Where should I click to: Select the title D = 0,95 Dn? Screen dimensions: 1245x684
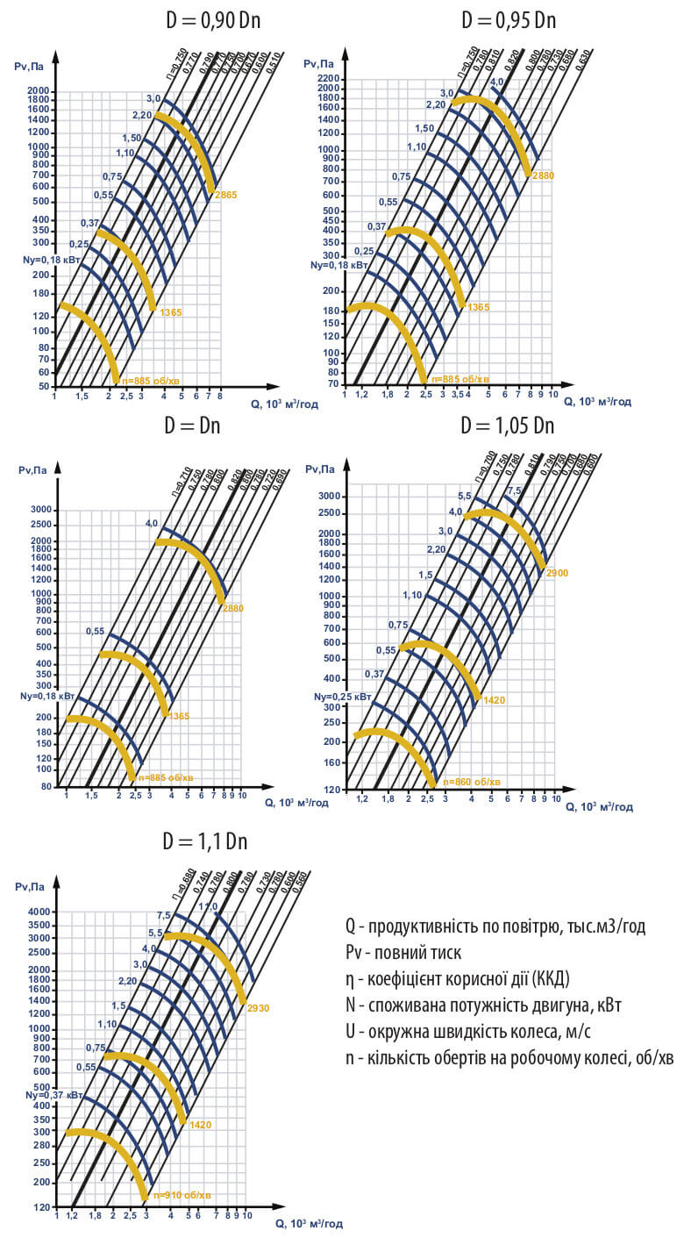pos(509,20)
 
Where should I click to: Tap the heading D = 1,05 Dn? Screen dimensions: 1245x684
pos(508,426)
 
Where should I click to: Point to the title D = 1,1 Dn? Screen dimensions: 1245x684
pos(205,841)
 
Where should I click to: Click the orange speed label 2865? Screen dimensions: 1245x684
pos(226,194)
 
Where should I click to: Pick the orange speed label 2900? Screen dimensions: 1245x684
pos(557,573)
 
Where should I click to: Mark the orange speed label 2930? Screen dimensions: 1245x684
pos(258,1008)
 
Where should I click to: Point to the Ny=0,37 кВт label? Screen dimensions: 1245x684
pos(54,1095)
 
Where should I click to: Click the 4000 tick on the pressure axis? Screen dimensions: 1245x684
pos(40,912)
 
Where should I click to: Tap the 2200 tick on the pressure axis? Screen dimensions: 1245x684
pos(327,78)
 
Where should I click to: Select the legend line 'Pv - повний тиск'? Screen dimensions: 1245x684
pos(403,952)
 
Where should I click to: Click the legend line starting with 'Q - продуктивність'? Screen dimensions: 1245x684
pos(495,927)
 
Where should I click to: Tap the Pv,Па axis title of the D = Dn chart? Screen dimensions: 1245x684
pos(32,470)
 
